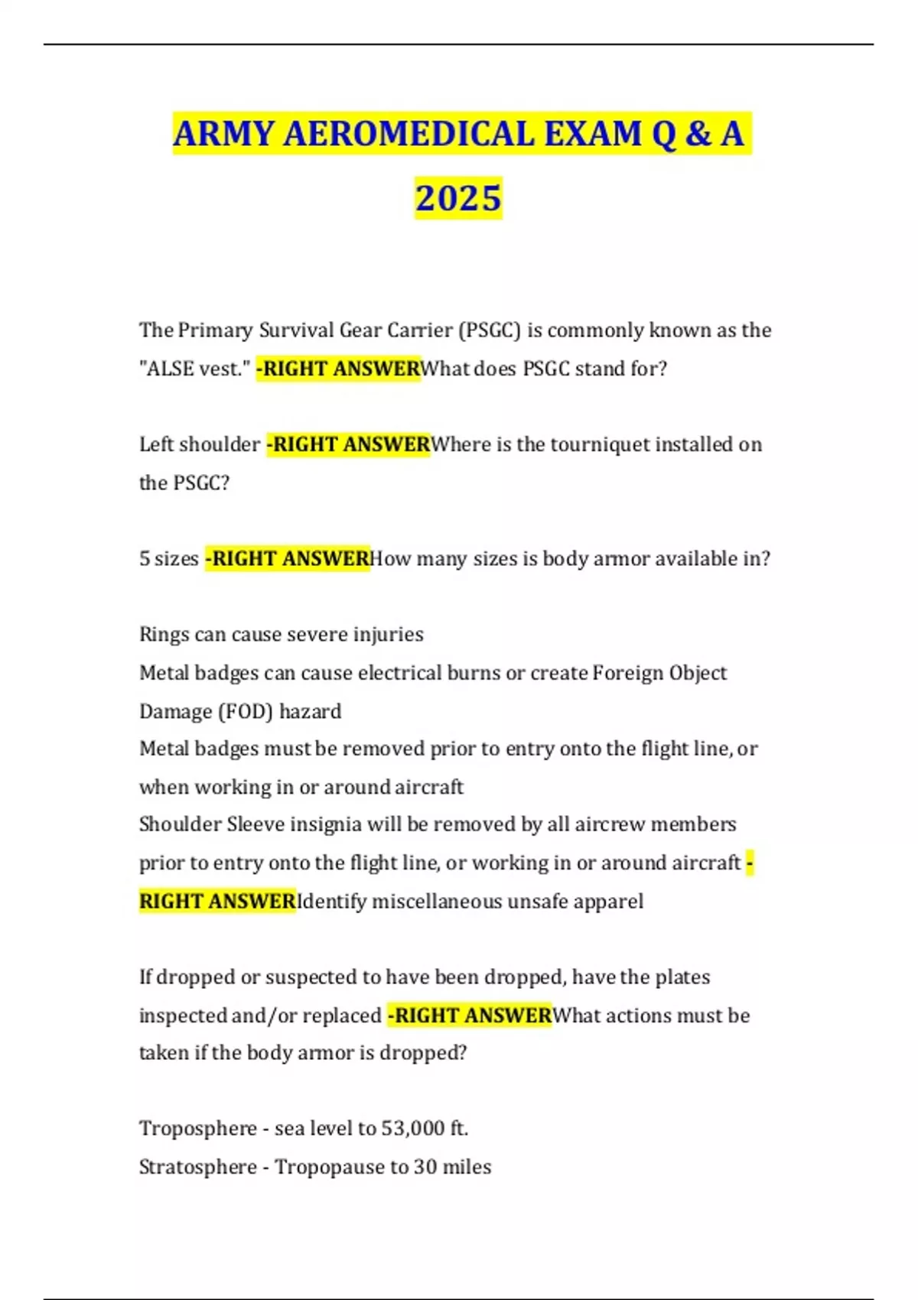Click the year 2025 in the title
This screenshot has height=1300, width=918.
[458, 198]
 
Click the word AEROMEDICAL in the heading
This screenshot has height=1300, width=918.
[409, 135]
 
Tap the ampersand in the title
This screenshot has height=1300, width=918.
[698, 135]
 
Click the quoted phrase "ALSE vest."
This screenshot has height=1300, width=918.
[195, 369]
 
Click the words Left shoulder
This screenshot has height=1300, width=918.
[200, 444]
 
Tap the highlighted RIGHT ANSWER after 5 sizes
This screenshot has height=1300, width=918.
[288, 559]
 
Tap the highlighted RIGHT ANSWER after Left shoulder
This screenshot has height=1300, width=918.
[349, 444]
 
